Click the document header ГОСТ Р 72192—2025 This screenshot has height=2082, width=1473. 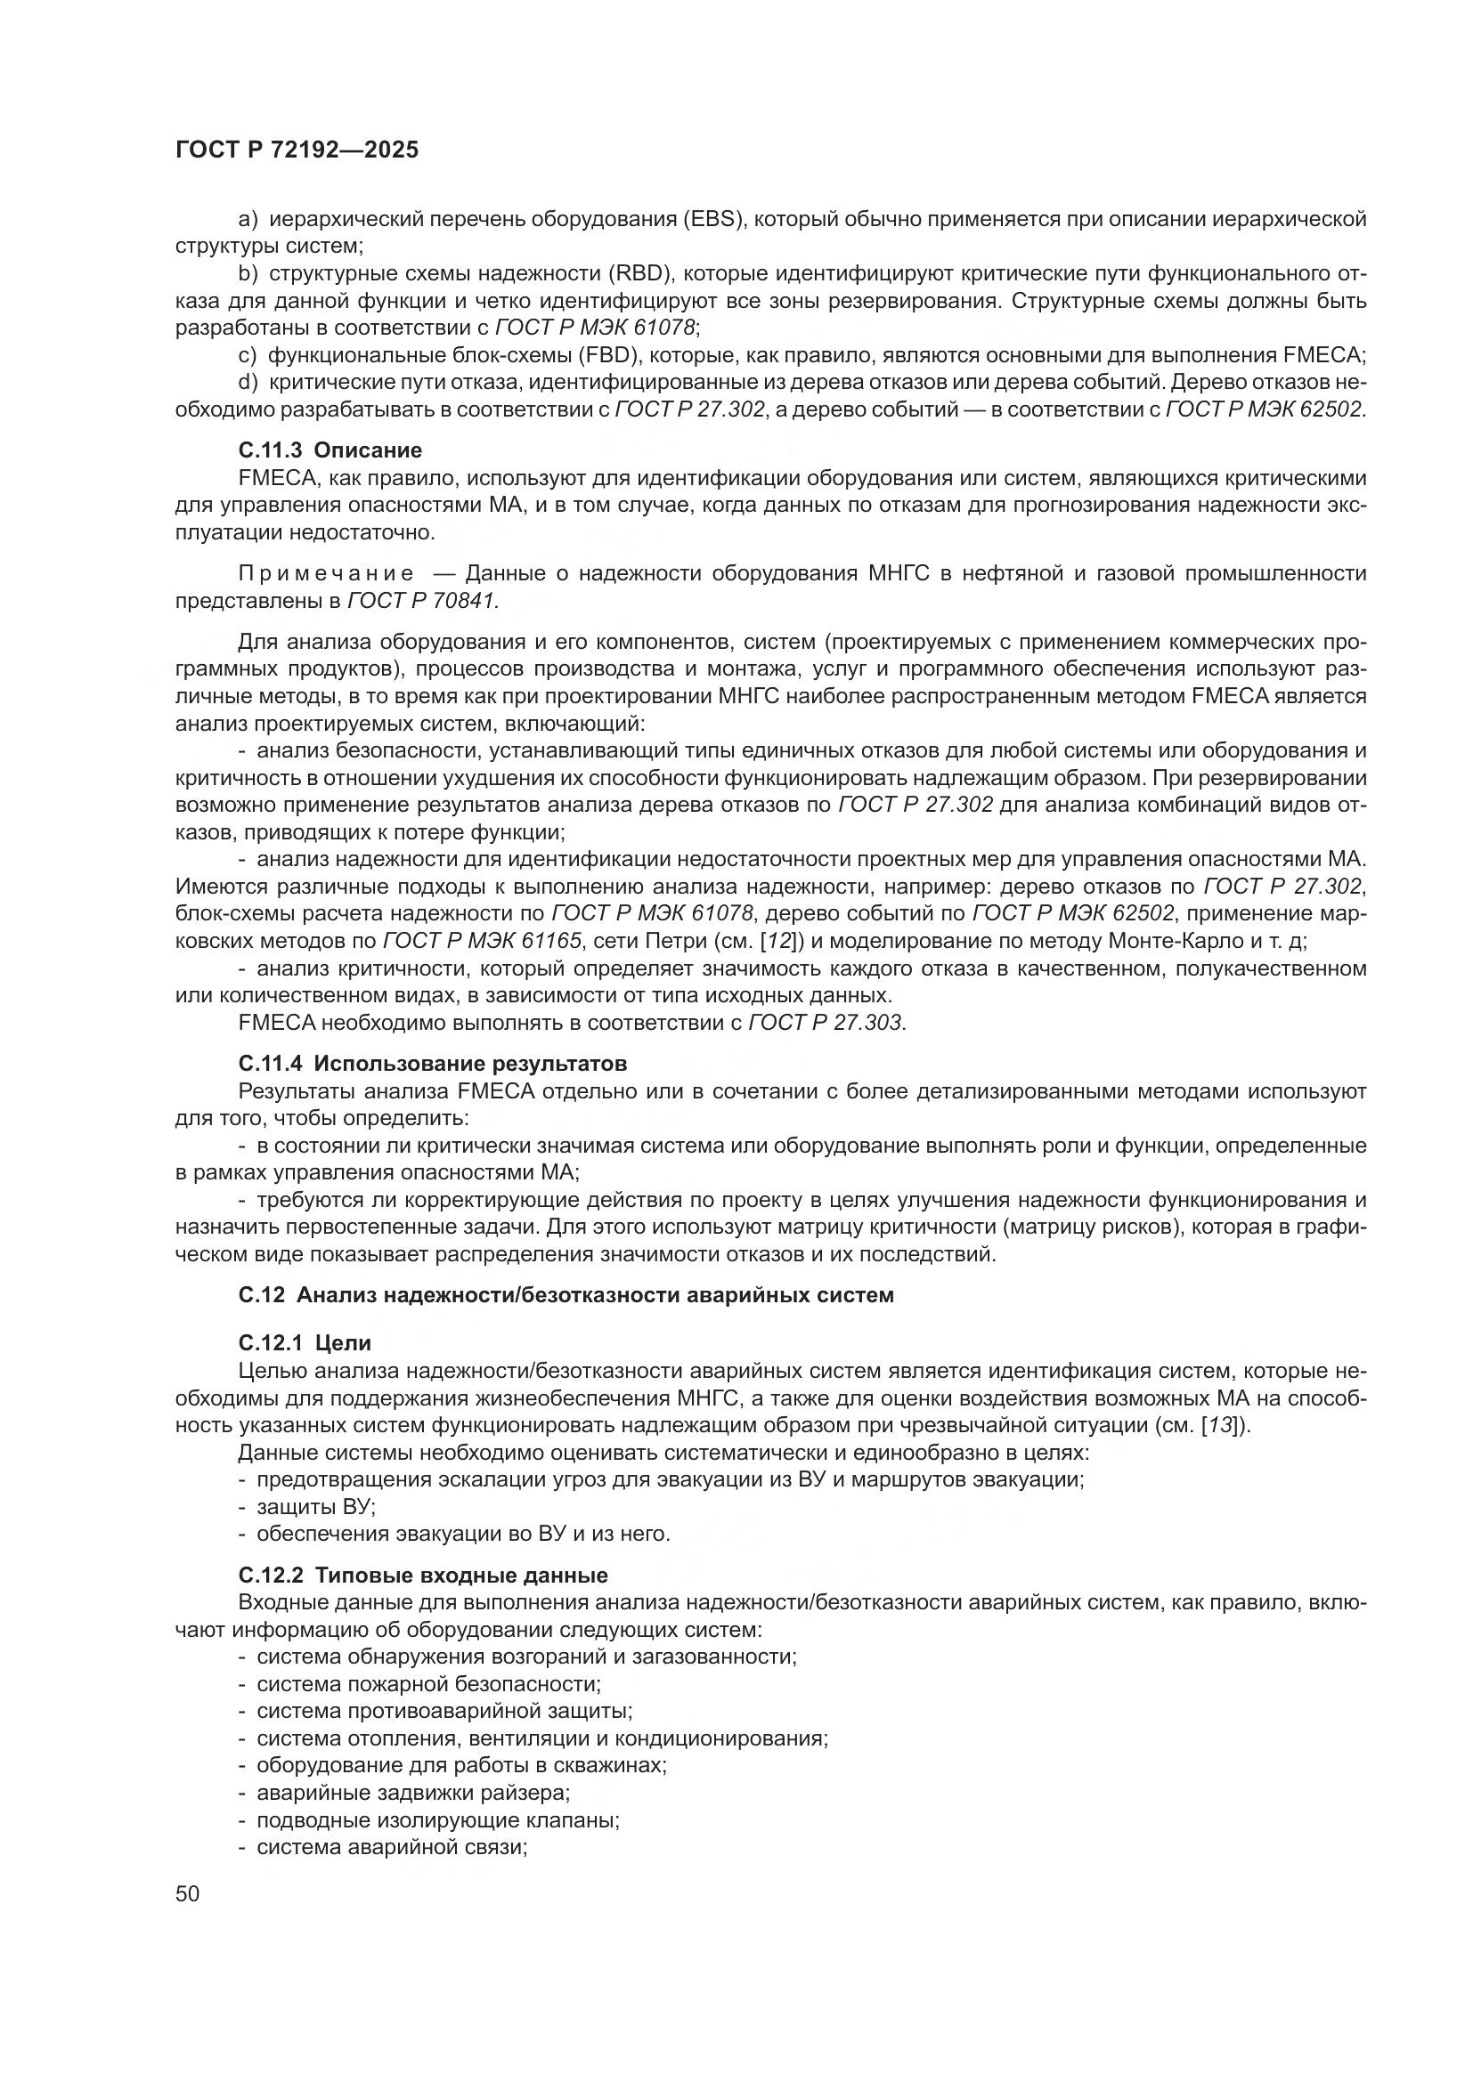tap(297, 150)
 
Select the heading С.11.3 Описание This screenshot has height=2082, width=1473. tap(330, 450)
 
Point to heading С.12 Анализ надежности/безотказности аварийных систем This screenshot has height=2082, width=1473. tap(566, 1295)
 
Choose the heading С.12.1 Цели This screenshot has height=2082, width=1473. tap(305, 1343)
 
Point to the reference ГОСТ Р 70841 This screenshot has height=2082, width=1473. tap(422, 600)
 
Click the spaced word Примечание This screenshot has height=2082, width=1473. tap(326, 573)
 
